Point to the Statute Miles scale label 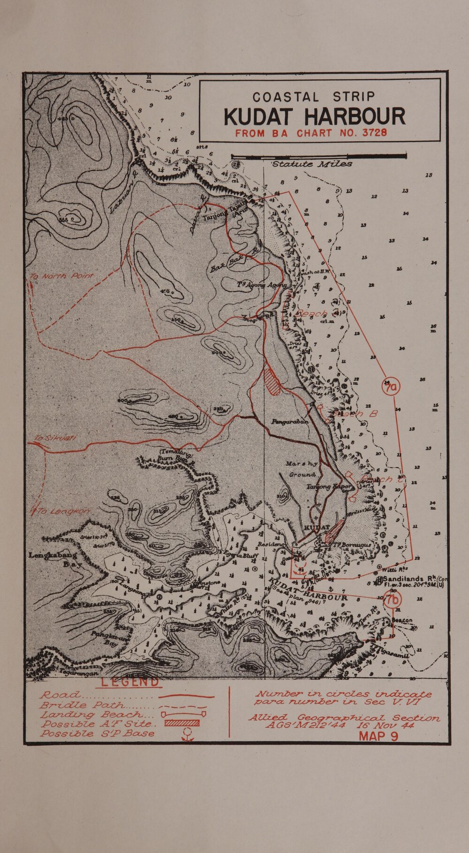click(312, 164)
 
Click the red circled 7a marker click(390, 388)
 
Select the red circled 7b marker click(393, 599)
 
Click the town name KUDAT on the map click(317, 527)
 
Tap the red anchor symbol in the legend click(187, 734)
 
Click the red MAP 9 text click(378, 736)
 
